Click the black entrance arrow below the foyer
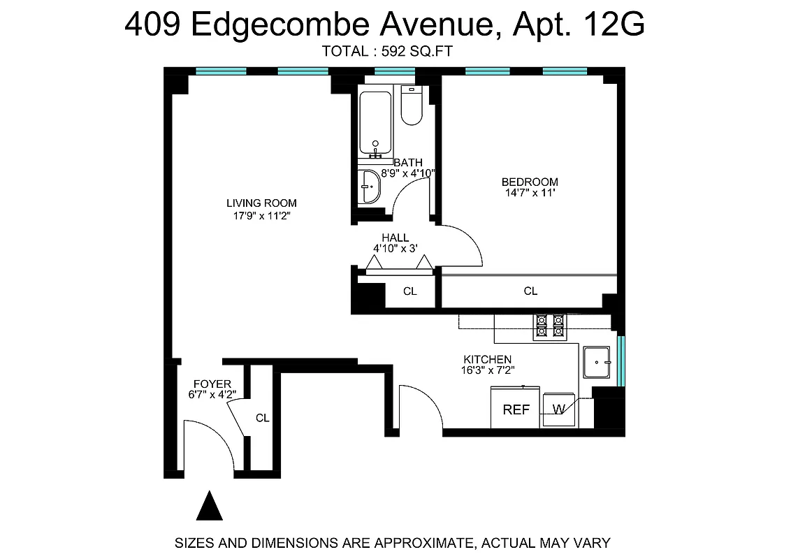(x=209, y=506)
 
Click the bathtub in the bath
(x=377, y=122)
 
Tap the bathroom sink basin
(x=369, y=187)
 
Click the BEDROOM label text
(x=530, y=182)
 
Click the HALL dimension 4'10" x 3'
(x=395, y=249)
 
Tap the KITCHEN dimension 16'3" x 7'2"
(x=488, y=370)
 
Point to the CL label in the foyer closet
(x=262, y=419)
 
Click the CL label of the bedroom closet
(x=530, y=291)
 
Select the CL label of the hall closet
(x=410, y=291)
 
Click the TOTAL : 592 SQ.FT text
(x=389, y=50)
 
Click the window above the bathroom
(x=395, y=71)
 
